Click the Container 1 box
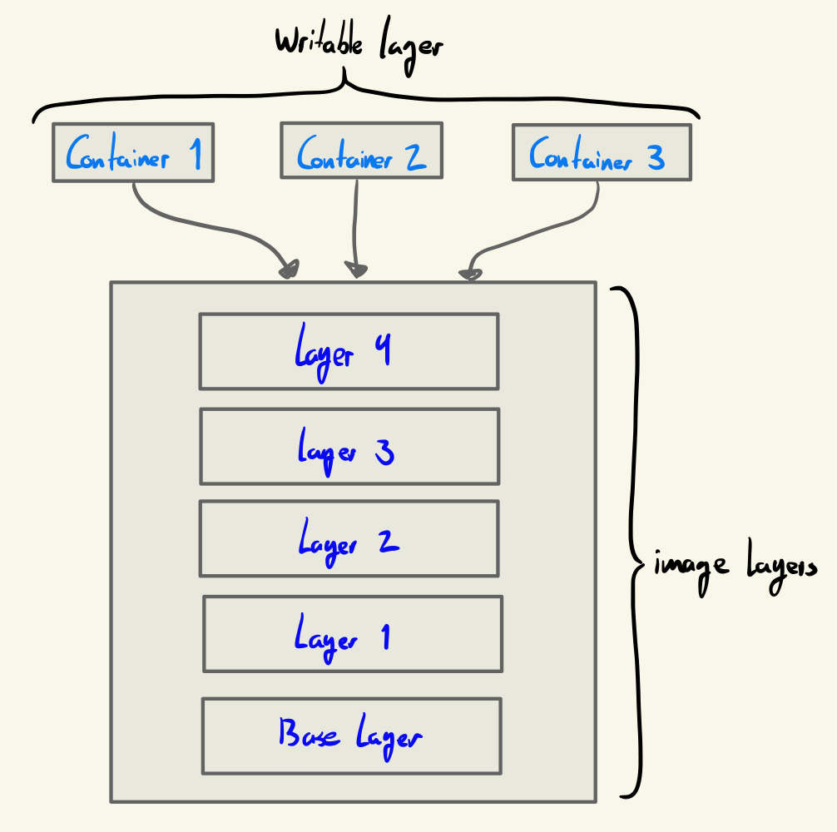point(133,152)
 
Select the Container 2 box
point(361,151)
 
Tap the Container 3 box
point(601,152)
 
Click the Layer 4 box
point(349,351)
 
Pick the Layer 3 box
point(349,446)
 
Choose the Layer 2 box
point(349,538)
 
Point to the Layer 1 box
point(352,634)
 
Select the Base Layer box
point(351,735)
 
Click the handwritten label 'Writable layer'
point(359,46)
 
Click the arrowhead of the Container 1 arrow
point(290,269)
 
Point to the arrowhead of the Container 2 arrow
point(357,269)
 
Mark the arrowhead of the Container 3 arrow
point(470,271)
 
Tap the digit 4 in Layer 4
point(382,349)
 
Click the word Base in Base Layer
point(309,734)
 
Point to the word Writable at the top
point(320,43)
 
